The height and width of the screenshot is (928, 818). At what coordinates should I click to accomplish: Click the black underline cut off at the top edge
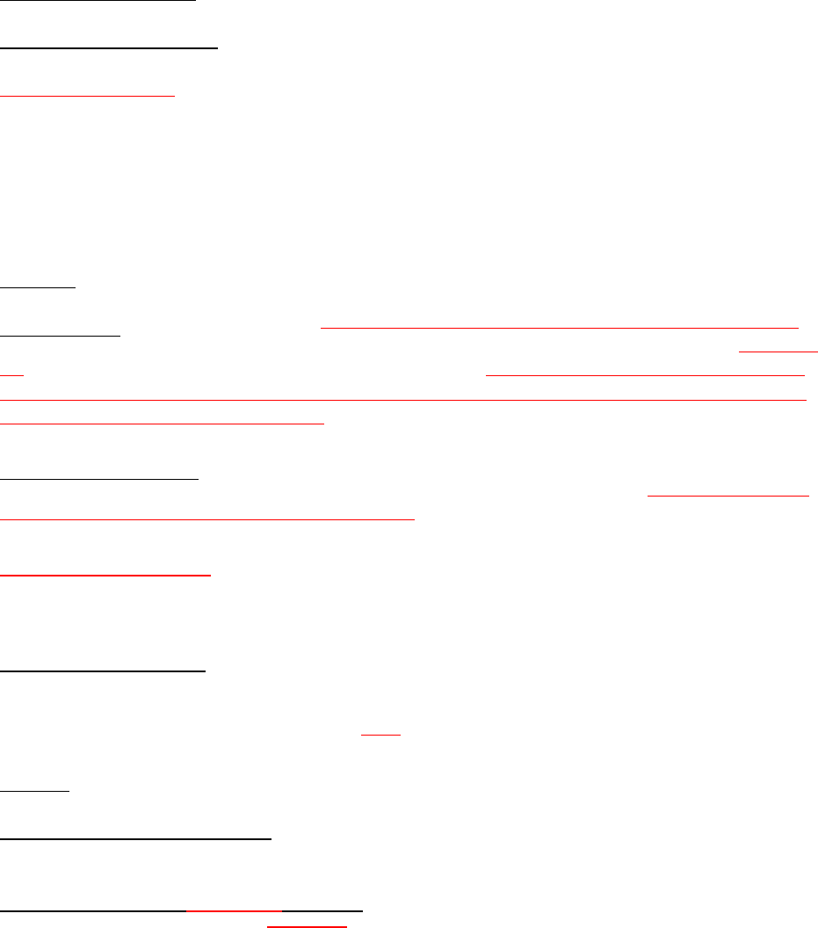(x=97, y=1)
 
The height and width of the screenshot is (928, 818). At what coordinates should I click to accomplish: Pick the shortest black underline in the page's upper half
(x=38, y=286)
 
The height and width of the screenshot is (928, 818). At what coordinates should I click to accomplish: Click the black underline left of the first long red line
(x=60, y=335)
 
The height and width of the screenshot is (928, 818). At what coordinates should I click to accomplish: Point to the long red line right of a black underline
(x=559, y=326)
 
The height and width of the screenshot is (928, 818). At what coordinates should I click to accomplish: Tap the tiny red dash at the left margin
(x=11, y=374)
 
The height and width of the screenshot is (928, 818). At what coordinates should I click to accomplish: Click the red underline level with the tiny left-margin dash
(x=646, y=374)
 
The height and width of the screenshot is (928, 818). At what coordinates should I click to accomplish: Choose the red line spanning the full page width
(x=404, y=400)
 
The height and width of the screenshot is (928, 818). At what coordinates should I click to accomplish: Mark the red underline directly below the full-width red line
(x=163, y=423)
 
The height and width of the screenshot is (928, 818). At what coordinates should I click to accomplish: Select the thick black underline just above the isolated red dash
(x=102, y=671)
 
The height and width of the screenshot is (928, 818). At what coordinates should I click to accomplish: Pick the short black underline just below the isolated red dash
(x=34, y=791)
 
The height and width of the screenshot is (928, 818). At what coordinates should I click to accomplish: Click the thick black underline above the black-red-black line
(x=136, y=838)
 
